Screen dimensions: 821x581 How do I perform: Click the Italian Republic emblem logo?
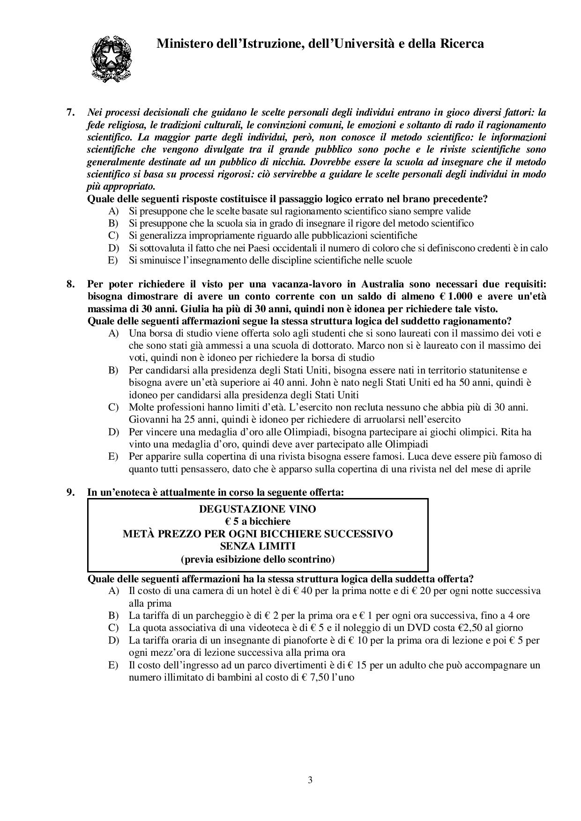(111, 59)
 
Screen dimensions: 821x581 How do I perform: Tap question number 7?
(71, 113)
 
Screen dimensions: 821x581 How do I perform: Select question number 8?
(71, 284)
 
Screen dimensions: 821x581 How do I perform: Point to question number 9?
(71, 492)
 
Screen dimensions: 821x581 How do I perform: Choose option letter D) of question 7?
(113, 248)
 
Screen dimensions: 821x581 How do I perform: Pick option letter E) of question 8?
(113, 456)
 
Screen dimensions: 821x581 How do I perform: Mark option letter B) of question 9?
(113, 616)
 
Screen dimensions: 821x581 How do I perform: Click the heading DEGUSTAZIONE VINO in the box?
(258, 509)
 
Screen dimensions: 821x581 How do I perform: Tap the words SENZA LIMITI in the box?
(258, 546)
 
